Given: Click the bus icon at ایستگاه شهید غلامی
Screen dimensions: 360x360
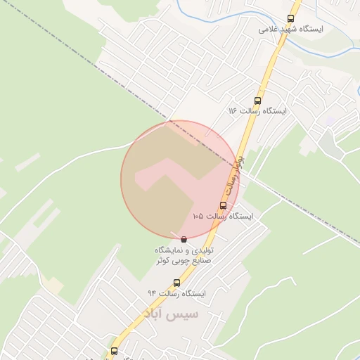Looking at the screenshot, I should click(291, 19).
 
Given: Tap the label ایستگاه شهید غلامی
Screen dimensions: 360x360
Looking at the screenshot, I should click(290, 30).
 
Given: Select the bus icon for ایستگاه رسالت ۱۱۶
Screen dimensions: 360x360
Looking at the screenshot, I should click(257, 101).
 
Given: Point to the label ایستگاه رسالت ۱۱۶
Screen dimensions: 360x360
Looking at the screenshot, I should click(255, 112).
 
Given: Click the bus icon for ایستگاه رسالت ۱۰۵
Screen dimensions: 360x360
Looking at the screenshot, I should click(223, 205).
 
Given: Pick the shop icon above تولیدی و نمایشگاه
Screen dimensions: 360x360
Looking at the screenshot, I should click(184, 240).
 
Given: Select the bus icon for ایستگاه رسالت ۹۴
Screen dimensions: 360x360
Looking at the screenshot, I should click(176, 283).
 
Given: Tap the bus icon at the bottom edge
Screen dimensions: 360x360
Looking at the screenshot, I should click(114, 350).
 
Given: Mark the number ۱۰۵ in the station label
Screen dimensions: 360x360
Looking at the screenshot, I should click(199, 217).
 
